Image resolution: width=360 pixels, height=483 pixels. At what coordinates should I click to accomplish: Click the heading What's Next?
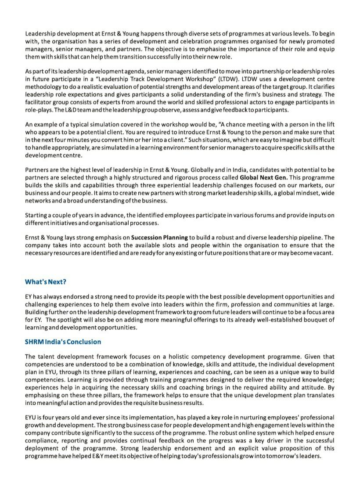pos(46,281)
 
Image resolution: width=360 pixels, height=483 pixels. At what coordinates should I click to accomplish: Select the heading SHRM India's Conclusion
pos(63,342)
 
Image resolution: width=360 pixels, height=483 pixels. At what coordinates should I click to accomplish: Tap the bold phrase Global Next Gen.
pos(263,177)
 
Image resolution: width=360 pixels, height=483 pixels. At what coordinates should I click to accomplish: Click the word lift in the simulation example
pos(329,124)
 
